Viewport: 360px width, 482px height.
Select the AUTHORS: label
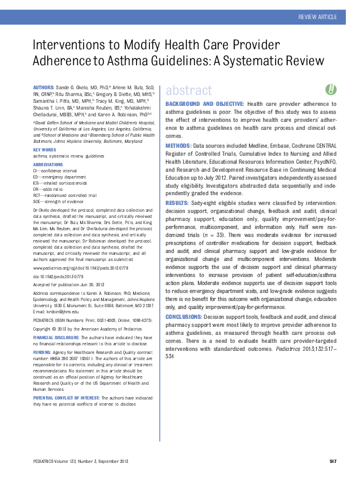coord(46,89)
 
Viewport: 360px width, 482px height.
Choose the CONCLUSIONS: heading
coord(188,300)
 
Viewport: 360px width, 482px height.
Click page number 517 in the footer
coord(332,461)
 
